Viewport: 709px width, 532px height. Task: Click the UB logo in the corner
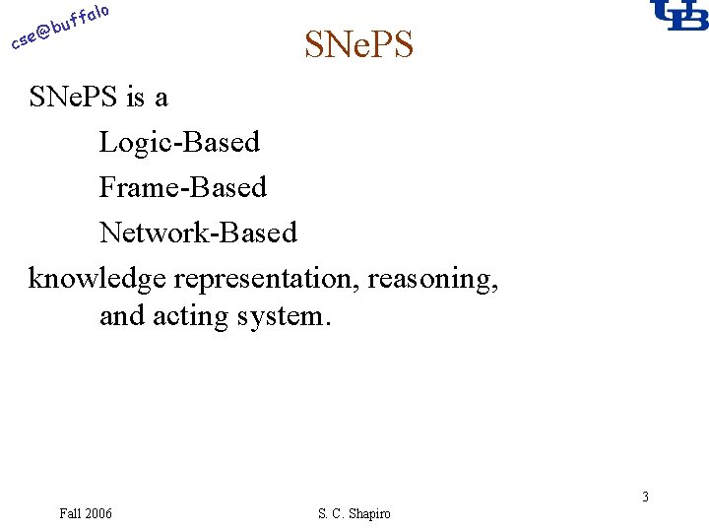pos(678,16)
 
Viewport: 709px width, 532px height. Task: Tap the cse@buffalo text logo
pos(59,27)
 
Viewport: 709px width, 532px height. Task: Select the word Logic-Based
pos(179,142)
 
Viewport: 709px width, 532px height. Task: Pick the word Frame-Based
pos(182,187)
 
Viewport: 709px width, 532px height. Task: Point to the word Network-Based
pos(198,233)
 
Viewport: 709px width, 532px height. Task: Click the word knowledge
pos(97,279)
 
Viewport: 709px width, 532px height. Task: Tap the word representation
pos(266,279)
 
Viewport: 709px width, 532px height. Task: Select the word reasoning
pos(432,279)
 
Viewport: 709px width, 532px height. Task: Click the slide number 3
pos(645,497)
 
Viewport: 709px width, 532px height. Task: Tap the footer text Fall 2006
pos(86,513)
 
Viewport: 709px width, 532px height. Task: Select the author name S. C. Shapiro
pos(354,513)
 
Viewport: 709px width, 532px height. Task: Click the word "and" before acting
pos(122,317)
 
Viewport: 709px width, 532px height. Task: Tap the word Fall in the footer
pos(69,513)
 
